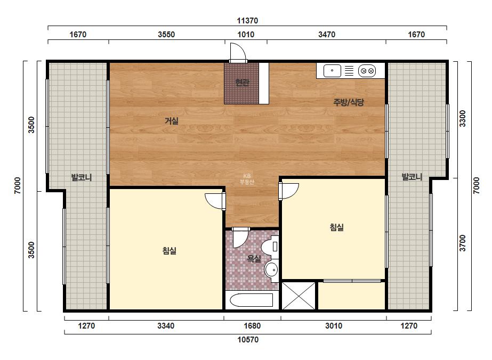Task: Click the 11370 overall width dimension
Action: point(247,21)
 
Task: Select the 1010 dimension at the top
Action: point(246,35)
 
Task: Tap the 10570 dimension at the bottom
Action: point(248,340)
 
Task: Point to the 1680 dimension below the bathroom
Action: point(252,326)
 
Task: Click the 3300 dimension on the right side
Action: point(463,119)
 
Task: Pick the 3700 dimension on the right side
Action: point(463,243)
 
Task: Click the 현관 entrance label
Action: point(242,83)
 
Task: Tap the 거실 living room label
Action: point(172,120)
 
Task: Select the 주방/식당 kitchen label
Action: point(349,102)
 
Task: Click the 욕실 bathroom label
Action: point(254,259)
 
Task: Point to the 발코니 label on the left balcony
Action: point(82,177)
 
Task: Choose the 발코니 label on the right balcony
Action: point(412,177)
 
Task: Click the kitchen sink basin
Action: point(332,70)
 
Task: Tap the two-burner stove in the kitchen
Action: point(367,71)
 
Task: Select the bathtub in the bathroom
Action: point(252,300)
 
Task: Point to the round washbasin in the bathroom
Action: point(271,269)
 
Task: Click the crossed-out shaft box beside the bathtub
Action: point(299,296)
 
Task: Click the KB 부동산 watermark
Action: point(247,179)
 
